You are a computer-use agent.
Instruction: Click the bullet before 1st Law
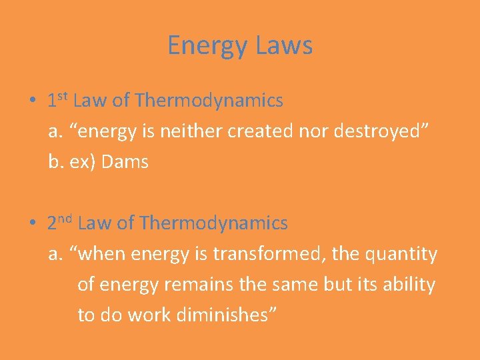(33, 101)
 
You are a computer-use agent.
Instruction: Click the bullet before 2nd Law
(33, 224)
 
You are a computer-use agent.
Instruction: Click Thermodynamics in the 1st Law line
(209, 101)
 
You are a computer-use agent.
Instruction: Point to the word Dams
(124, 162)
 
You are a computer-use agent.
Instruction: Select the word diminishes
(225, 315)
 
